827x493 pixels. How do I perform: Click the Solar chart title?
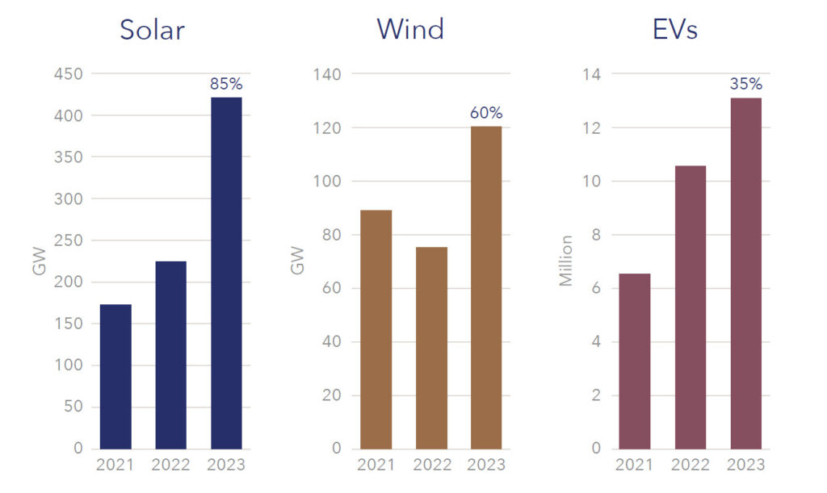[x=152, y=30]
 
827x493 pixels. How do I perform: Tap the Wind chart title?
[x=410, y=30]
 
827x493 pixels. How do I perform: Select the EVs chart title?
[x=674, y=30]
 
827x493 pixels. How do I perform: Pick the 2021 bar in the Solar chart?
[x=115, y=376]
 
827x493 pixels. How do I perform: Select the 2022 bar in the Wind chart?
[x=431, y=348]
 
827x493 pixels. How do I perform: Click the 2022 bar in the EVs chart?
[x=691, y=307]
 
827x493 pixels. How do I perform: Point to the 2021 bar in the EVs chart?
[x=635, y=361]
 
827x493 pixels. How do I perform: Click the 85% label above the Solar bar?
[x=226, y=83]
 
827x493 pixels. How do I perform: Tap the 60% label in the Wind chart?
[x=486, y=112]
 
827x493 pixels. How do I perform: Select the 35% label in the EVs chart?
[x=745, y=84]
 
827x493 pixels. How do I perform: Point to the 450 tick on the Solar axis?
[x=68, y=74]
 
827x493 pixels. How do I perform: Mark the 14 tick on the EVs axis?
[x=594, y=74]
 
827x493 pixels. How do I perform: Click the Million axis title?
[x=566, y=261]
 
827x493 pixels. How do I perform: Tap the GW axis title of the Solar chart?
[x=39, y=264]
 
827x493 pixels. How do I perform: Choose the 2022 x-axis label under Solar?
[x=170, y=465]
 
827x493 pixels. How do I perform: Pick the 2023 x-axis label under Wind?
[x=486, y=465]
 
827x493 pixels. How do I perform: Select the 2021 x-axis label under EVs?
[x=635, y=465]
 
